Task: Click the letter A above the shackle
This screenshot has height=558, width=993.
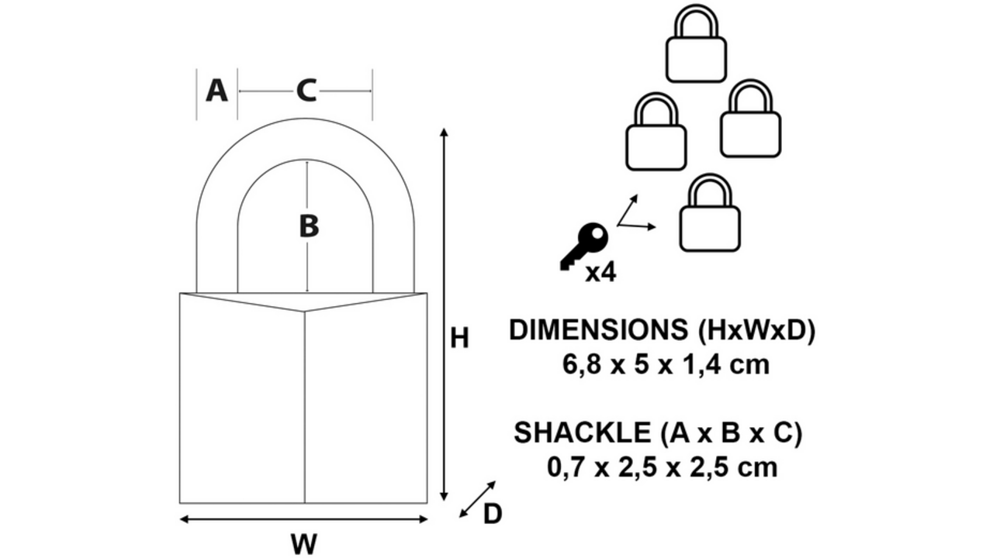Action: pyautogui.click(x=216, y=91)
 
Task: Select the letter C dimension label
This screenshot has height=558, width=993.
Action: pyautogui.click(x=306, y=91)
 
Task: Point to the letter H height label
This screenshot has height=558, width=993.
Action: pyautogui.click(x=459, y=339)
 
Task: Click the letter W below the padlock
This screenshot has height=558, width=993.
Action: pyautogui.click(x=304, y=544)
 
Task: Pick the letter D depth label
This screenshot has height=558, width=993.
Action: pyautogui.click(x=492, y=514)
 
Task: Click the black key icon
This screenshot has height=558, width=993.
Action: pyautogui.click(x=584, y=246)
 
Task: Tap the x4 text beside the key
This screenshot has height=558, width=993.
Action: pyautogui.click(x=600, y=273)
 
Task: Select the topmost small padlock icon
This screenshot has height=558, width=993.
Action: pyautogui.click(x=696, y=43)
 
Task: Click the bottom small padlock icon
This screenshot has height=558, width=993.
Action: pyautogui.click(x=710, y=213)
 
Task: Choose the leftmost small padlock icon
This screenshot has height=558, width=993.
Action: pyautogui.click(x=656, y=132)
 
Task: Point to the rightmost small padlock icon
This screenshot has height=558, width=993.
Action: pyautogui.click(x=750, y=119)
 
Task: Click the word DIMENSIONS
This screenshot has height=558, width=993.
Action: pyautogui.click(x=598, y=330)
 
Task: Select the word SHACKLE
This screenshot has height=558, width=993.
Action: pyautogui.click(x=582, y=432)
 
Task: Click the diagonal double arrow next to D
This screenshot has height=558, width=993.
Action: pyautogui.click(x=477, y=499)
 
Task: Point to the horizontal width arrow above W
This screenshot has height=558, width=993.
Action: pyautogui.click(x=303, y=519)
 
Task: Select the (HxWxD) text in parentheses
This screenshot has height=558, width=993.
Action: pyautogui.click(x=756, y=331)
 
